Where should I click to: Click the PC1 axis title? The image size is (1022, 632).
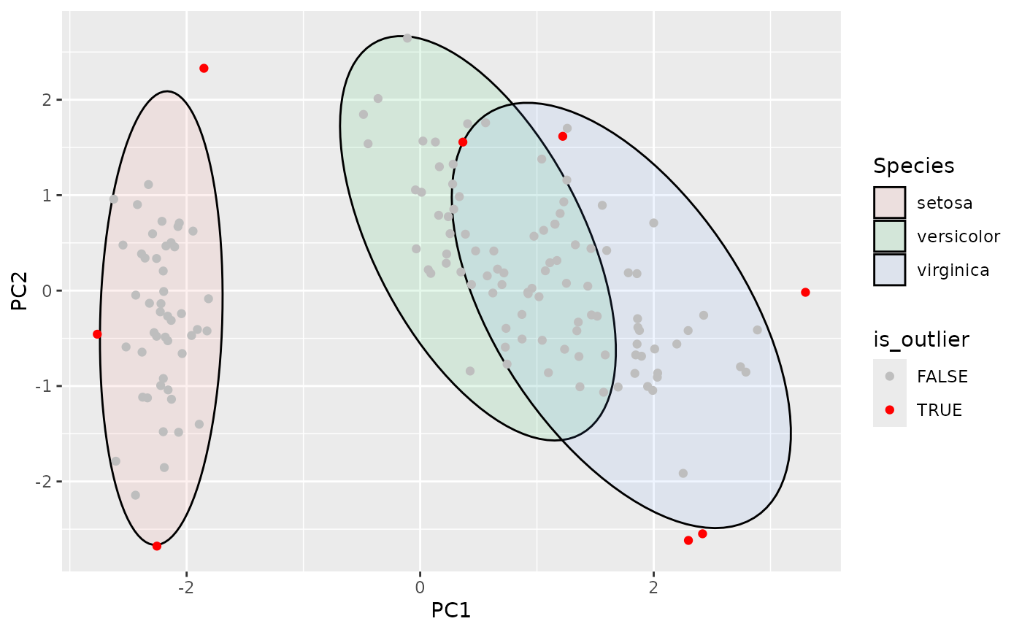[451, 609]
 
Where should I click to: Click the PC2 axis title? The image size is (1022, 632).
[20, 290]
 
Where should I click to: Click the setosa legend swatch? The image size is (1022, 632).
[889, 203]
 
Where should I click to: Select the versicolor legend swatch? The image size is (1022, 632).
[889, 236]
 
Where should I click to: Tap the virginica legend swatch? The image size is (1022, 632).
[889, 270]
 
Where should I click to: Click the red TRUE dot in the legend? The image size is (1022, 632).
[889, 410]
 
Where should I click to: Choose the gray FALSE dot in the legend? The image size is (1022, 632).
[889, 377]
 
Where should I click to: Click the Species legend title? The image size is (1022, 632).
[913, 166]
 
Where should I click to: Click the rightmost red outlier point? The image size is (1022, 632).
[805, 292]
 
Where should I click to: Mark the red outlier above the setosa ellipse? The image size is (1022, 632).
[204, 68]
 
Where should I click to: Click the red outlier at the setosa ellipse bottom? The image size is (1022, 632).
[157, 546]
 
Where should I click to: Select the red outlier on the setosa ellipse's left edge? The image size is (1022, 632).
[97, 334]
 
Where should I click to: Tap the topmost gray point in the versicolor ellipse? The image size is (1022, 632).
[407, 38]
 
